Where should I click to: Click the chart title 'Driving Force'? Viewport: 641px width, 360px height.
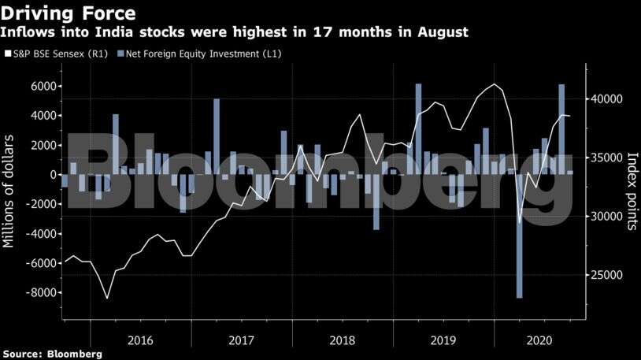coord(70,13)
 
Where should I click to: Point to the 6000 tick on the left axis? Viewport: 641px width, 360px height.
coord(43,87)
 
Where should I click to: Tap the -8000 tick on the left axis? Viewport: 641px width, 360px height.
coord(39,293)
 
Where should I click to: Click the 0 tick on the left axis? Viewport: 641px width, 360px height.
coord(52,175)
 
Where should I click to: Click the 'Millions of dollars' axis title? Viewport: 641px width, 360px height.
coord(9,190)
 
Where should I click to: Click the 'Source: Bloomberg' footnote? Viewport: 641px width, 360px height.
coord(52,354)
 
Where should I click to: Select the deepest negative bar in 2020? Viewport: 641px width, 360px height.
coord(520,236)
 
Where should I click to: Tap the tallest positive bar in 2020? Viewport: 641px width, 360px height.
coord(561,129)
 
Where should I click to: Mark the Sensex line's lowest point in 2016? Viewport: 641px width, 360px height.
coord(107,298)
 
